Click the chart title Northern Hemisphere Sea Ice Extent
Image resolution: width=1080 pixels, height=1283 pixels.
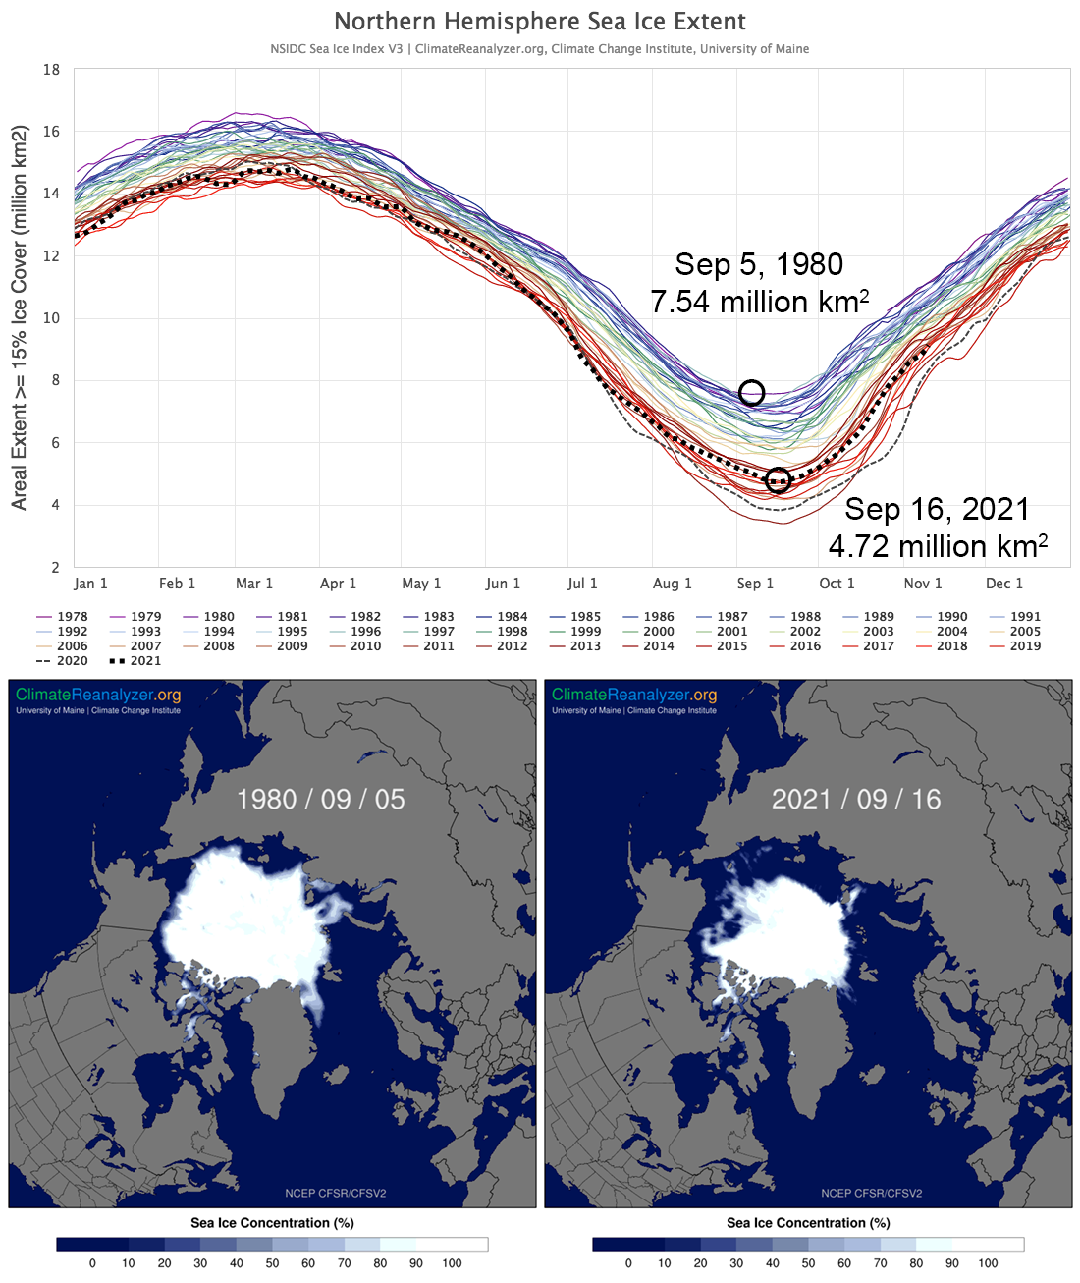click(x=540, y=22)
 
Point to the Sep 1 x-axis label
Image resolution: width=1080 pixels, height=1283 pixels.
click(x=755, y=584)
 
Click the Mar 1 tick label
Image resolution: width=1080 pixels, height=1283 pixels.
click(x=254, y=584)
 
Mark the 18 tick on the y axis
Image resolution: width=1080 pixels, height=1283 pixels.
click(x=51, y=70)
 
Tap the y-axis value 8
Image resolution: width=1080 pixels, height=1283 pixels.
click(x=55, y=380)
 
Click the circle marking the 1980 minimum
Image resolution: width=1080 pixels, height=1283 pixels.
click(x=751, y=393)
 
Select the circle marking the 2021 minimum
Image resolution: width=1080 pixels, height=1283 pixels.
click(x=778, y=479)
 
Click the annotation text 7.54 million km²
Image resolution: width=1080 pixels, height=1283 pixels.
click(x=759, y=302)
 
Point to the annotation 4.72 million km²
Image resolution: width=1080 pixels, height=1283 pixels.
click(x=938, y=546)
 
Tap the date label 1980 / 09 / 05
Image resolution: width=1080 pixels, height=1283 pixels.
click(x=320, y=799)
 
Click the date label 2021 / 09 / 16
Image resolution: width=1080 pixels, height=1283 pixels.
click(x=856, y=799)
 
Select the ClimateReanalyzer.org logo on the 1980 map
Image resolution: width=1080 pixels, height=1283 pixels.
click(x=98, y=696)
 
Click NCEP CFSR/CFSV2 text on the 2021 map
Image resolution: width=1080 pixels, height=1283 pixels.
click(x=871, y=1193)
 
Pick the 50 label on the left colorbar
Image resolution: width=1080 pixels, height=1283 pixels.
click(x=272, y=1263)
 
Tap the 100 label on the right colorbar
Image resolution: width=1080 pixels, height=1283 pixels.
click(x=988, y=1263)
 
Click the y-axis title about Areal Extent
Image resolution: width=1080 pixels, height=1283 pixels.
click(x=20, y=317)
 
